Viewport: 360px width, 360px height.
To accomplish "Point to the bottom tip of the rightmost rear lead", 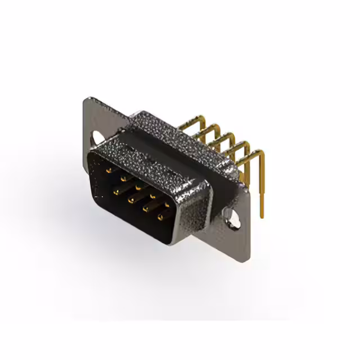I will click(x=261, y=217).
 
